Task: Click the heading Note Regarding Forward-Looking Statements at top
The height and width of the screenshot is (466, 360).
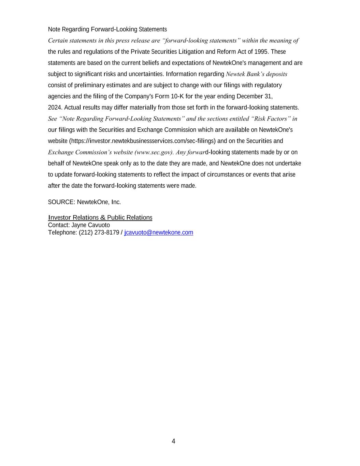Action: click(107, 29)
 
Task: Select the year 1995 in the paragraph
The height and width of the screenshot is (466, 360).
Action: click(261, 52)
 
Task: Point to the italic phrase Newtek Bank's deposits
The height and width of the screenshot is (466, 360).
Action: click(256, 74)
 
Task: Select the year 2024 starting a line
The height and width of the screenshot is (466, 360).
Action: click(55, 108)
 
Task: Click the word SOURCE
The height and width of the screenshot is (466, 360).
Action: click(61, 202)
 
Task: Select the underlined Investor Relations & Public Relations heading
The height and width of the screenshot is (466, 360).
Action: click(100, 218)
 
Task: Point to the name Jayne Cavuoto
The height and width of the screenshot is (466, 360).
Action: click(90, 225)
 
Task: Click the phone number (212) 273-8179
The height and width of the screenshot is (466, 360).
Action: click(99, 232)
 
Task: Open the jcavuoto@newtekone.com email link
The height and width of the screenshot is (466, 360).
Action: click(159, 232)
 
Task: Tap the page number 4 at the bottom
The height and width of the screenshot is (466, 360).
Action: click(173, 441)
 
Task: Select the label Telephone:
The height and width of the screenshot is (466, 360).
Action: click(62, 232)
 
